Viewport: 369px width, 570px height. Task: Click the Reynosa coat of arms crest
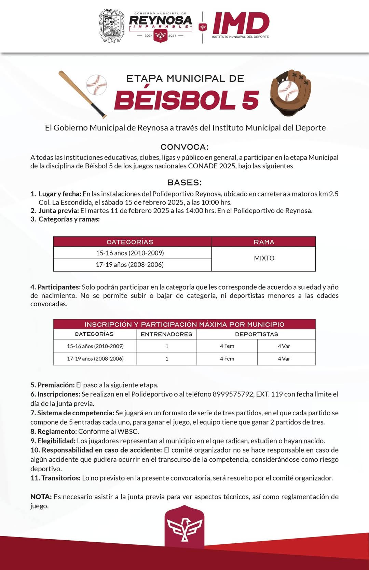point(111,26)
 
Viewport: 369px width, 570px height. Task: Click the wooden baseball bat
point(82,94)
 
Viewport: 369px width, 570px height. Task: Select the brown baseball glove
point(291,92)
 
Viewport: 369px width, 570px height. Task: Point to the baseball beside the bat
point(97,84)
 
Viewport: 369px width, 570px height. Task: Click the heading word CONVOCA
point(184,147)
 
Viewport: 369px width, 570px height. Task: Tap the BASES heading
point(184,182)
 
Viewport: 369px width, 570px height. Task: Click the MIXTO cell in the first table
point(264,258)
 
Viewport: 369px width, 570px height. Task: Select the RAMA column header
point(264,242)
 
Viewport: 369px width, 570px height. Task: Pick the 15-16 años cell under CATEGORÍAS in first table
point(130,253)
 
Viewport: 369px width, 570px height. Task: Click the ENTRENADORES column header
point(166,334)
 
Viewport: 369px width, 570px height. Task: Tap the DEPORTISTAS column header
point(256,334)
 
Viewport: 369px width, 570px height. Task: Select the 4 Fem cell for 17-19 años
point(227,359)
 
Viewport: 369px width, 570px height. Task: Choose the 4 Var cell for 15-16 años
point(284,346)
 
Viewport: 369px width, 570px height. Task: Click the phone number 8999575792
point(233,394)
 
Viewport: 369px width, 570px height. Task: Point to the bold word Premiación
point(56,385)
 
